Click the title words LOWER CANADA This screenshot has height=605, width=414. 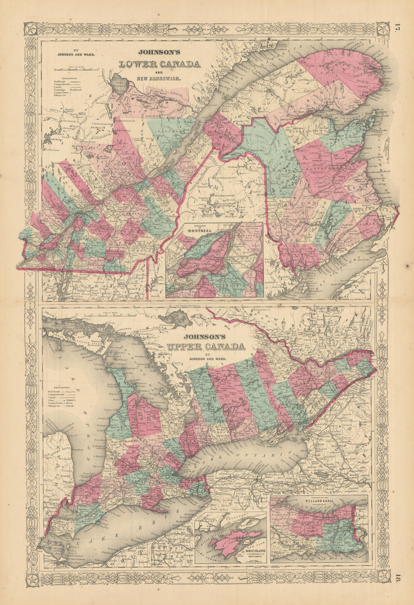[x=159, y=64]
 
